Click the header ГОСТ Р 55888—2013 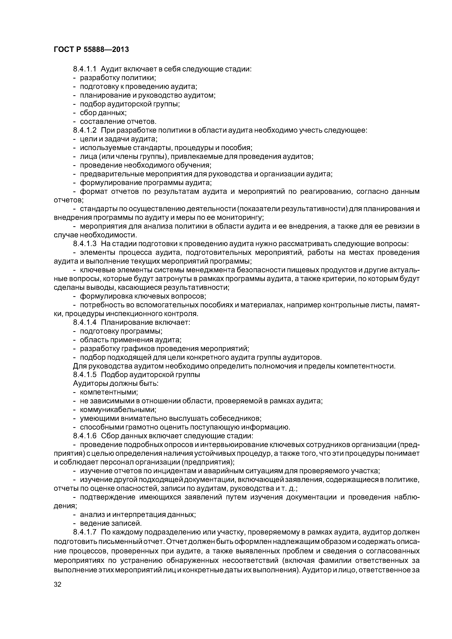[91, 50]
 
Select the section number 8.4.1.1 [84, 69]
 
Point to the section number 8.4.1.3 [84, 244]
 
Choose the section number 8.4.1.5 [84, 375]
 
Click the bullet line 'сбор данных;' [103, 113]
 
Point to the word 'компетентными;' [109, 392]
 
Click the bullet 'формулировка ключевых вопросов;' [143, 296]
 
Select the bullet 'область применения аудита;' [131, 340]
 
